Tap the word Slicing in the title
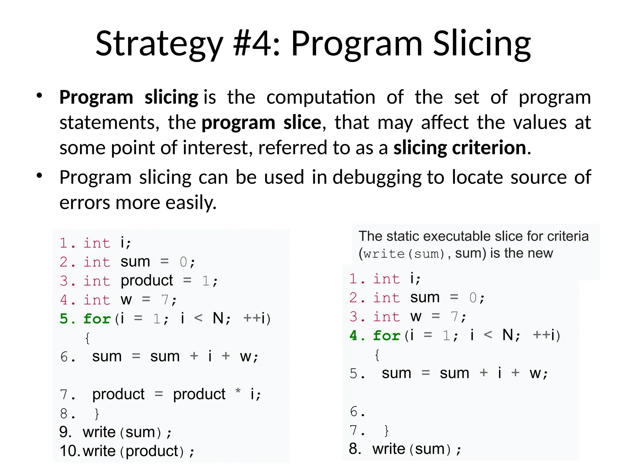click(x=482, y=44)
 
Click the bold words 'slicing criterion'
click(x=459, y=148)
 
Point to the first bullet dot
click(x=39, y=96)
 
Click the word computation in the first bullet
click(x=321, y=98)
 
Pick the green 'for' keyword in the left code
click(x=97, y=319)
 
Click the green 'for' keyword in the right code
click(x=386, y=335)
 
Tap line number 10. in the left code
click(x=70, y=451)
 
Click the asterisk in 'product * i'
click(x=238, y=392)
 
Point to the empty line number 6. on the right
click(x=357, y=412)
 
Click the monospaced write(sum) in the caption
click(x=401, y=254)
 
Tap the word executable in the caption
click(x=458, y=236)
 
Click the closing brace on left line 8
click(x=97, y=414)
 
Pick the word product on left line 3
click(x=147, y=281)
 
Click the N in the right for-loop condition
click(x=508, y=335)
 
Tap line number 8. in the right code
click(x=355, y=449)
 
